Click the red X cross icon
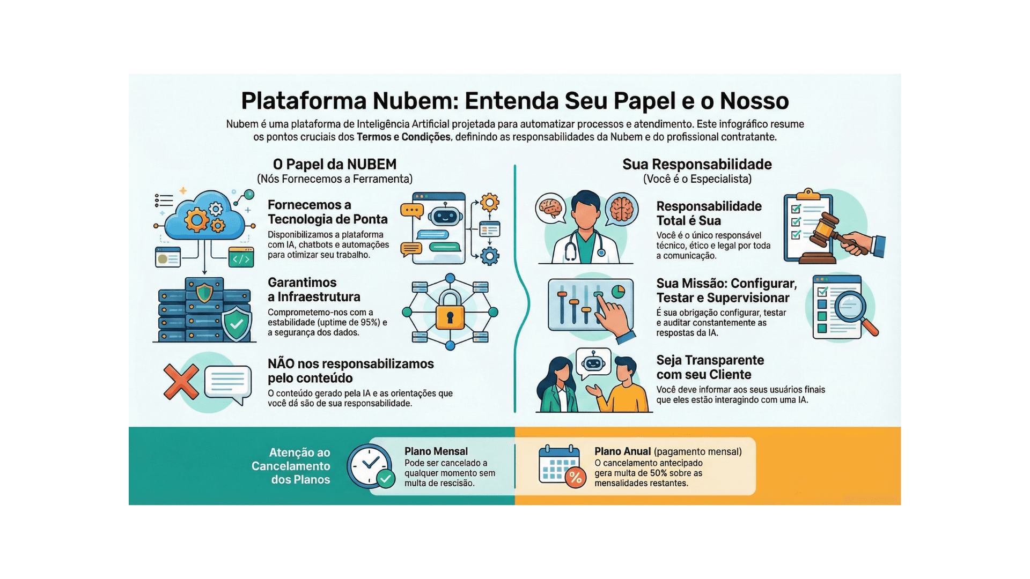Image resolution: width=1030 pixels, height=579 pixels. [x=181, y=382]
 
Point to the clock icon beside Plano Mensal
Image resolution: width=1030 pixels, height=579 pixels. [x=369, y=465]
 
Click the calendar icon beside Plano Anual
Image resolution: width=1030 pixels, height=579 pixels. [x=560, y=465]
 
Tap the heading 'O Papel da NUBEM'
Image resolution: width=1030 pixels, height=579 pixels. [x=335, y=165]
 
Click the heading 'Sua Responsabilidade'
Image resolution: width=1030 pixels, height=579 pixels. [x=697, y=165]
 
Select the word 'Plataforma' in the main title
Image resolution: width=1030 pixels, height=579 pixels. [x=303, y=101]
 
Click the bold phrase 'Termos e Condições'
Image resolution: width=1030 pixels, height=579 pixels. [x=403, y=137]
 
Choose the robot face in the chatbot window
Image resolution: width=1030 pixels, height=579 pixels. [x=445, y=216]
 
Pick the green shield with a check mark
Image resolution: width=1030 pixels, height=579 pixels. [x=237, y=323]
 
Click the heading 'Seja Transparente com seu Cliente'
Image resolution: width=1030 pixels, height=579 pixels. [x=710, y=367]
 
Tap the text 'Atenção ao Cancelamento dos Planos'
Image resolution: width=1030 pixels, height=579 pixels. [x=291, y=466]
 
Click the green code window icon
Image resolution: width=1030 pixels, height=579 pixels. [x=241, y=258]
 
